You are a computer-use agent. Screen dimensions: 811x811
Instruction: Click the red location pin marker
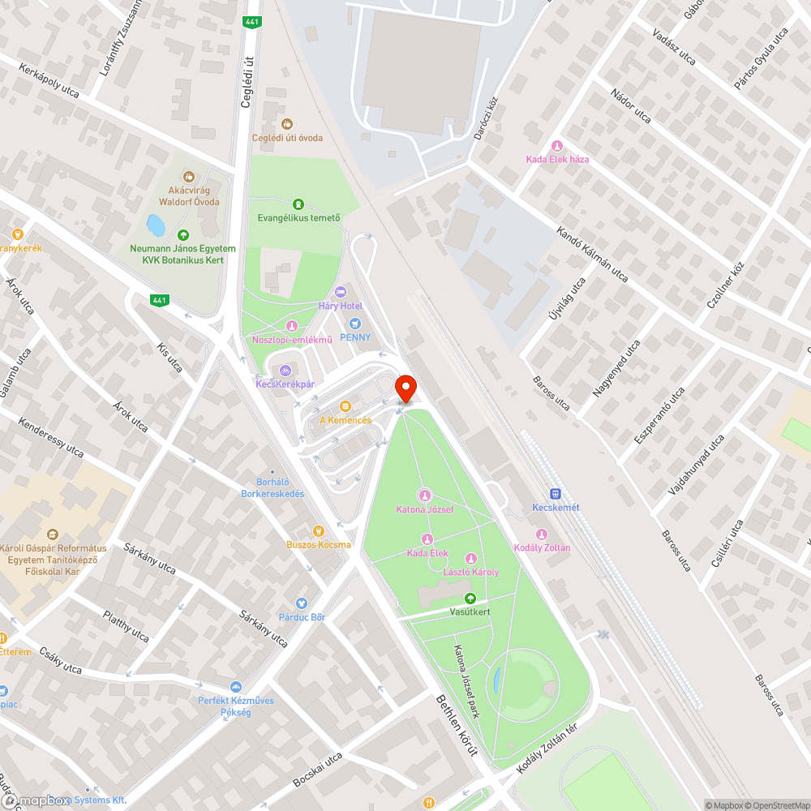(405, 388)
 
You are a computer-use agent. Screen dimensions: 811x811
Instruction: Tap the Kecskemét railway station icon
(556, 493)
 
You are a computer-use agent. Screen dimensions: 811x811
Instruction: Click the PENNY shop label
(355, 337)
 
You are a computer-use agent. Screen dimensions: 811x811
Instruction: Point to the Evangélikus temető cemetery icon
(298, 204)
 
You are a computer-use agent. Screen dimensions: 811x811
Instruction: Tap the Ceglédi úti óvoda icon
(286, 124)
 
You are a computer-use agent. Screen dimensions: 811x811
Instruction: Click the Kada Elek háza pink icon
(556, 146)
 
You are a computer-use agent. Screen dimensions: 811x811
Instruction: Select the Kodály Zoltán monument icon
(542, 534)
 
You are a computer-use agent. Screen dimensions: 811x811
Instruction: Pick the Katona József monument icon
(424, 496)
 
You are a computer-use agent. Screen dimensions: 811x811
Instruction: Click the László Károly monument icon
(470, 559)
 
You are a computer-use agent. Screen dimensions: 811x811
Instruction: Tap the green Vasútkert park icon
(470, 599)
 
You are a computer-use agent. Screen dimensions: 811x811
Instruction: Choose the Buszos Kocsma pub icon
(319, 531)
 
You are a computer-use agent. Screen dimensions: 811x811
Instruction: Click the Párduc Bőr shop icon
(302, 603)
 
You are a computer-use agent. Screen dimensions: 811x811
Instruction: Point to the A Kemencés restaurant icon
(345, 405)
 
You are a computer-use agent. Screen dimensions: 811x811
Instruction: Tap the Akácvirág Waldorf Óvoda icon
(188, 176)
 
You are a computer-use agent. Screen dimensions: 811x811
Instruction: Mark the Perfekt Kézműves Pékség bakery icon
(236, 687)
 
